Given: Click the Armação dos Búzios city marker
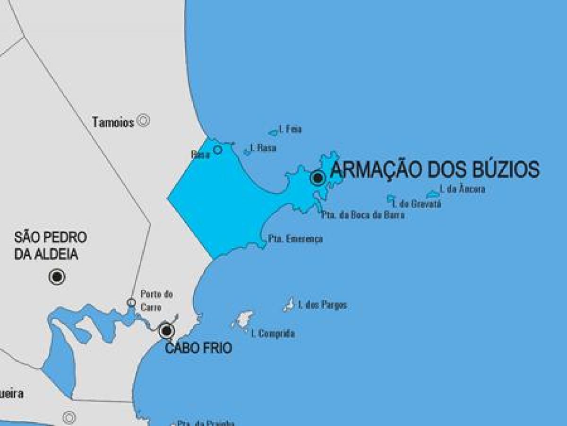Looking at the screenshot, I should [318, 178].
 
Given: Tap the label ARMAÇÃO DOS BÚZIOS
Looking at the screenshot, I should [435, 169].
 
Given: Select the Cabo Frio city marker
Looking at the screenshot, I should [166, 330].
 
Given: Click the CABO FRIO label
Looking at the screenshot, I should [198, 348].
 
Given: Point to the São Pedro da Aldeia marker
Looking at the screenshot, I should [57, 277].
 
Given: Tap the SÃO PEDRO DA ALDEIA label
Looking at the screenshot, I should [51, 246].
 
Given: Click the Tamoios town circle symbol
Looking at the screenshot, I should [143, 121].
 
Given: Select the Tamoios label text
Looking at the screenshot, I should [113, 122].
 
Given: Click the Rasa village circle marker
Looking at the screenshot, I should [217, 150].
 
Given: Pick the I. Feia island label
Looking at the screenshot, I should [291, 129].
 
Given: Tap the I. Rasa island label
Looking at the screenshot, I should [263, 148].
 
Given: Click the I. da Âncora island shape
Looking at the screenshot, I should [432, 194].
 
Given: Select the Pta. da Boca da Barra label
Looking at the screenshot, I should [363, 215].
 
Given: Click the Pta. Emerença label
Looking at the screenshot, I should [295, 239].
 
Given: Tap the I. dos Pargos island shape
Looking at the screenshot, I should [288, 305].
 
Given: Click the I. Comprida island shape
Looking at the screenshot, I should [244, 319].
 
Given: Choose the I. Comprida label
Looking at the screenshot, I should [273, 333].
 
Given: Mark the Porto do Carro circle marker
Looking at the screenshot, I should [131, 302].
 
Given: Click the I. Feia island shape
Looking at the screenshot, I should [273, 133].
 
